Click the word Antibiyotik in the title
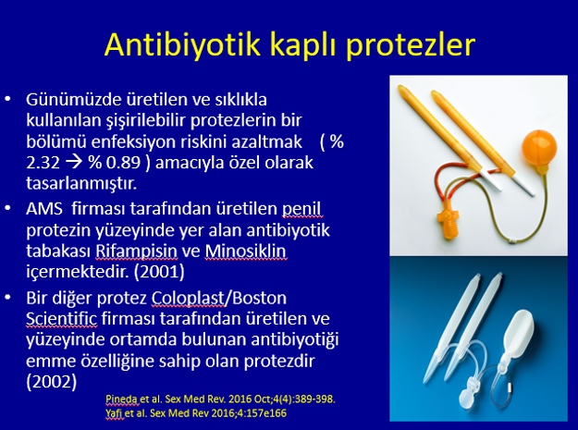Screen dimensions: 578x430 click(183, 44)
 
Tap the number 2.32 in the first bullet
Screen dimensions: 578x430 click(43, 163)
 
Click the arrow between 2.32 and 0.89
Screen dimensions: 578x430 click(75, 163)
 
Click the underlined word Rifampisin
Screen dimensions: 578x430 click(136, 251)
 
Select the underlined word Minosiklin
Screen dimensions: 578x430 click(245, 251)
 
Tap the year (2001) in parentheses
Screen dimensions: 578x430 click(159, 272)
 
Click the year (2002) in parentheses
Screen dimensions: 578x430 click(52, 381)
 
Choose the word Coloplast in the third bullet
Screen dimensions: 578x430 click(189, 298)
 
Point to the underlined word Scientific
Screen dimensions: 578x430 click(62, 318)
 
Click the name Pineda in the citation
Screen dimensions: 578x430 click(122, 399)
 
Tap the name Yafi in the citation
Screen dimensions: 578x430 click(114, 413)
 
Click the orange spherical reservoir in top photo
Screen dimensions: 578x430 click(539, 147)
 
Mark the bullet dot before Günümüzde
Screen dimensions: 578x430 click(7, 99)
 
